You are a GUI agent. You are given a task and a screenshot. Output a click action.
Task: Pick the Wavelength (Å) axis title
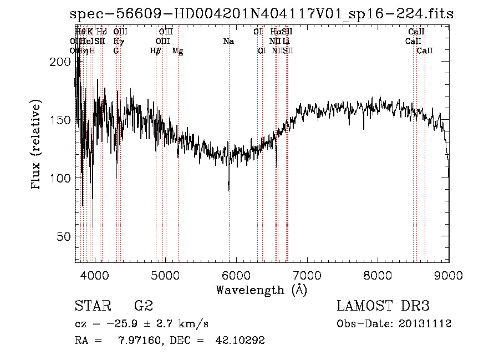click(261, 290)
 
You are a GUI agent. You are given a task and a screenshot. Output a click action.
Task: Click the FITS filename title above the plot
click(262, 15)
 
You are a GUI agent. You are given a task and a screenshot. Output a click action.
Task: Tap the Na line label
click(228, 41)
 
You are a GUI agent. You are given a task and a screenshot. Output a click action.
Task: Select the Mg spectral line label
click(178, 51)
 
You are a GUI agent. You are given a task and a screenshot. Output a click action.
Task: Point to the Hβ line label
click(155, 51)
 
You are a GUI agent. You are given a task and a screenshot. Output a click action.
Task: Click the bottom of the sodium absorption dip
click(229, 190)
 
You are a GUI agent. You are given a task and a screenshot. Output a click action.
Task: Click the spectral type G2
click(144, 306)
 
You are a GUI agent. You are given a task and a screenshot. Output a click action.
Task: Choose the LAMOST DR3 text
click(383, 306)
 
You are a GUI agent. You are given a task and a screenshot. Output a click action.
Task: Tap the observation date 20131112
click(425, 324)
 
